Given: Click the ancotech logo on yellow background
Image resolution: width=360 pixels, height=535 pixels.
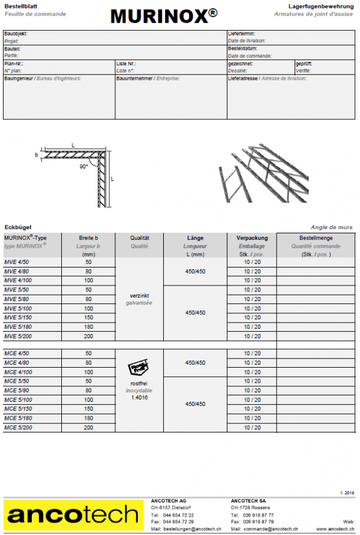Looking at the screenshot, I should [72, 514].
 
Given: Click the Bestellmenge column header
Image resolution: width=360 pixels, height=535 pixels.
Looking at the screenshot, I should [314, 238].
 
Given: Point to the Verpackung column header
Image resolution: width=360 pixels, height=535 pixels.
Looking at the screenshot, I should [251, 238].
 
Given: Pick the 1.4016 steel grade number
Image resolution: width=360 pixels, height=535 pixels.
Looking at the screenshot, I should [139, 398].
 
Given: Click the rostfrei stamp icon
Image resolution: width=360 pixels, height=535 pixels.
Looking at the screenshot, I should [139, 368].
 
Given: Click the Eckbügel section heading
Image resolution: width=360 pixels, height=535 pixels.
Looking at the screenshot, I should [17, 227].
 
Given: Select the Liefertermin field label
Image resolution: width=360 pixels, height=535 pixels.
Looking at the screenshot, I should [242, 34].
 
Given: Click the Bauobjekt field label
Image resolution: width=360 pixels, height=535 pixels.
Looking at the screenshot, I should [16, 34].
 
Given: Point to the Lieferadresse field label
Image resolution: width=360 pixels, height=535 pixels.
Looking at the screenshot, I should [242, 78].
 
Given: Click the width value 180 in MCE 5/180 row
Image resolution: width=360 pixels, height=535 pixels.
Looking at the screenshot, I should [89, 418].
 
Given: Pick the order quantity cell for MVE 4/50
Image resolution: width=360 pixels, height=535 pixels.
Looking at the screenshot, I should [314, 262].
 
